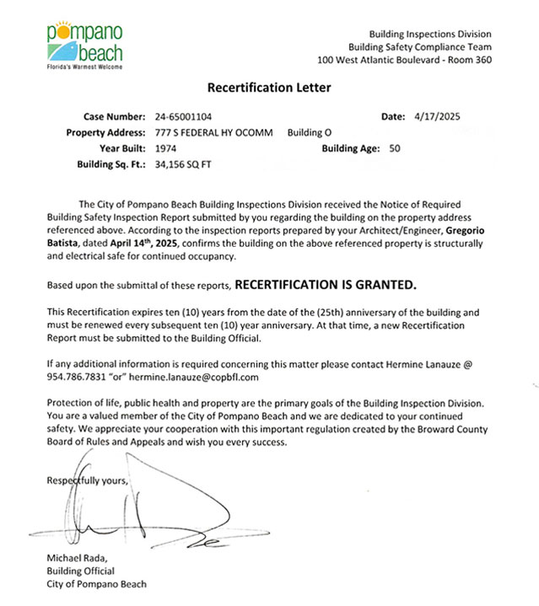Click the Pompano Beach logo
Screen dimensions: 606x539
pyautogui.click(x=85, y=45)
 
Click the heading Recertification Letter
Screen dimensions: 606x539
pyautogui.click(x=269, y=88)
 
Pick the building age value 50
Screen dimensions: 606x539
pyautogui.click(x=396, y=148)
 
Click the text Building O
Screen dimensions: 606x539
pyautogui.click(x=310, y=132)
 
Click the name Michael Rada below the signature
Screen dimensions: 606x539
pyautogui.click(x=78, y=559)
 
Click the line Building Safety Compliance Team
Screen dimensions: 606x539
pyautogui.click(x=419, y=47)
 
